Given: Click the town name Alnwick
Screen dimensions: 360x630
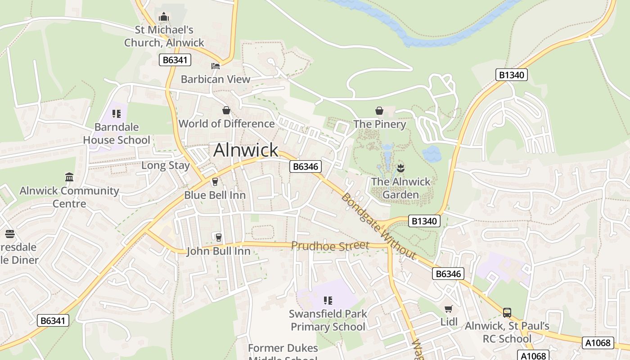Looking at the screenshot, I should coord(246,150).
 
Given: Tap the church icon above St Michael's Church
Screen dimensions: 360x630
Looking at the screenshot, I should coord(163,17).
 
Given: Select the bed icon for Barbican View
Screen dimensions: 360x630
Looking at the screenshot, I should coord(216,66).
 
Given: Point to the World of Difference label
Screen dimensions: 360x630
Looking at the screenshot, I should coord(226,124).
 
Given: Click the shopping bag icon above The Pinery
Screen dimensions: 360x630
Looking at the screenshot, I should coord(379,111).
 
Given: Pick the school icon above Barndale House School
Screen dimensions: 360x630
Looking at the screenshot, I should coord(117,114).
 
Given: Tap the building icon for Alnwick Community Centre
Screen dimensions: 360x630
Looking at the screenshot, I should coord(69,177).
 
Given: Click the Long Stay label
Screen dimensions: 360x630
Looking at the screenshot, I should coord(166,165).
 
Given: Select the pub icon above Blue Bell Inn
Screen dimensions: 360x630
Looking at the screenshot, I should coord(215,182).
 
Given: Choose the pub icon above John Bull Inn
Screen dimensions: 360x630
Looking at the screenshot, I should coord(218,237).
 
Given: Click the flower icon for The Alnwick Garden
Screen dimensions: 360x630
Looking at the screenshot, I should coord(400,169).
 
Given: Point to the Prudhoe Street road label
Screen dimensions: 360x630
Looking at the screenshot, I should coord(330,246).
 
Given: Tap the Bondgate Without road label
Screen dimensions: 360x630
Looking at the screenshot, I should coord(378,226).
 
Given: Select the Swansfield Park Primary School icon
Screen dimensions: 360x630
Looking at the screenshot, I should coord(328,300).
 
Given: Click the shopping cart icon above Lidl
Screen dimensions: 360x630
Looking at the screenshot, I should coord(448,309).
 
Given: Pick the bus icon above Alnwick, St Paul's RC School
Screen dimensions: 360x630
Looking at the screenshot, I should coord(507,312).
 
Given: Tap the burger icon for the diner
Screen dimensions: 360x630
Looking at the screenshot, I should coord(9,234).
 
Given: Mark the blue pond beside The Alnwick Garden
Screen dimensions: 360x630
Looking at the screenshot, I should coord(431,154).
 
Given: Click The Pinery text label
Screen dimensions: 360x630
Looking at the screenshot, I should coord(379,124).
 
